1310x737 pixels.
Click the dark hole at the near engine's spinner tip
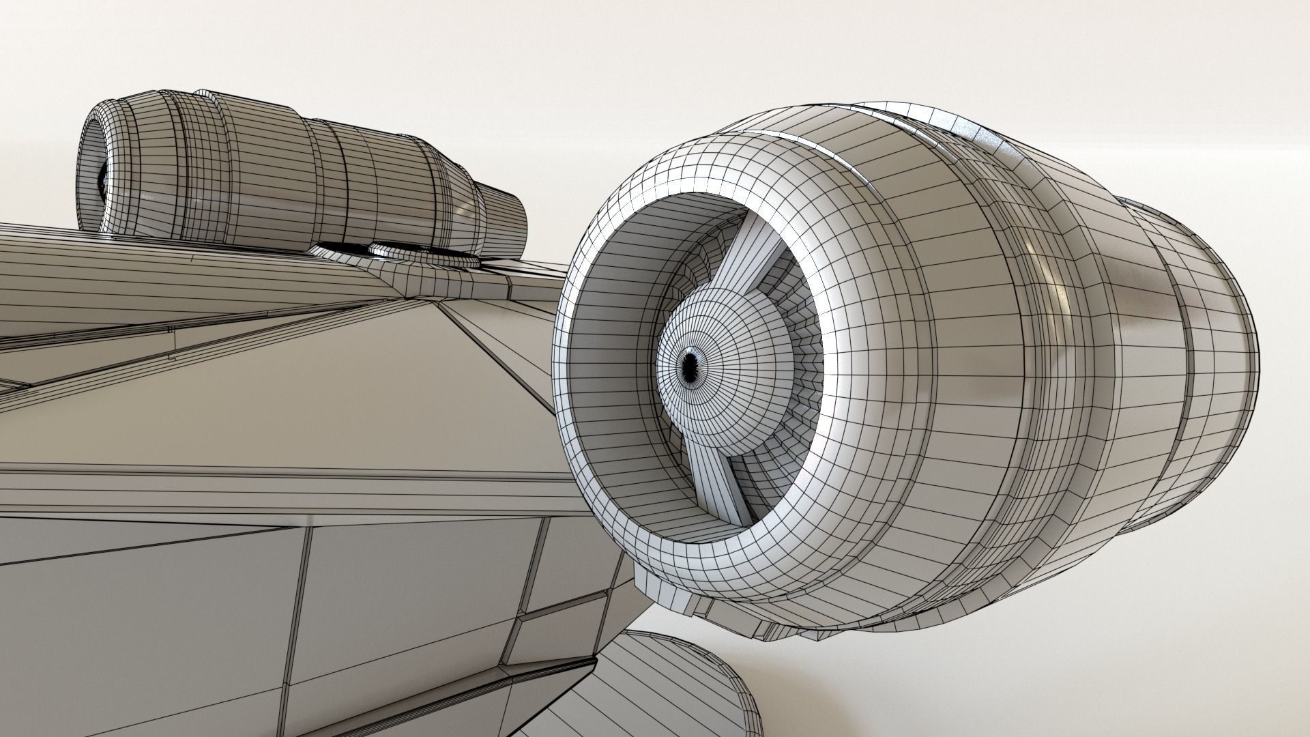690,368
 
